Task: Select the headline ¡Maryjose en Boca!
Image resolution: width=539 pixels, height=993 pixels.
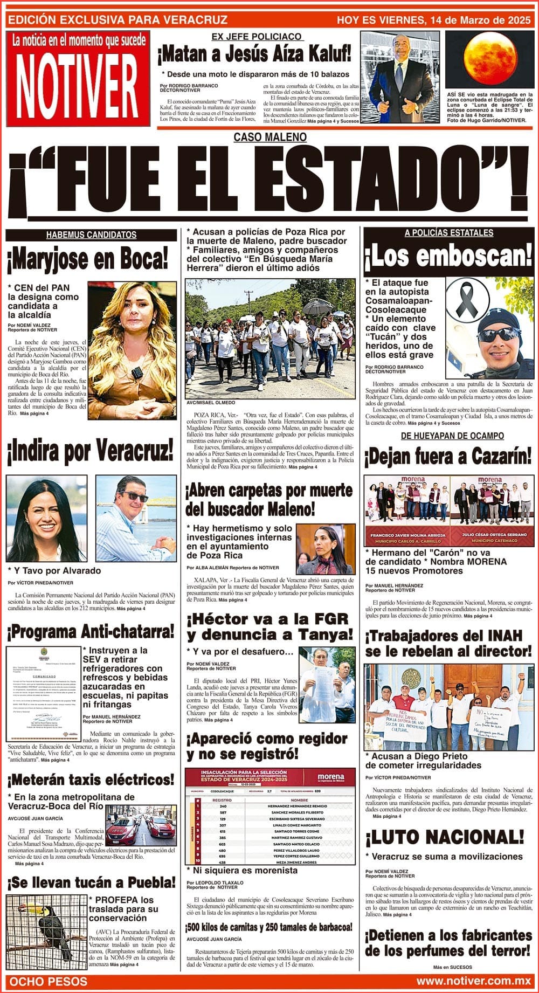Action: pos(87,260)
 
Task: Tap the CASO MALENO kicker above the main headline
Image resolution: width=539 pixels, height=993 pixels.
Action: pos(270,137)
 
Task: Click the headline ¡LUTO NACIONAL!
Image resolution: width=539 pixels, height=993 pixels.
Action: pos(444,837)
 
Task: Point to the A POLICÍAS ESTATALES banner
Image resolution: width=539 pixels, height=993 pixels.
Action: pos(448,233)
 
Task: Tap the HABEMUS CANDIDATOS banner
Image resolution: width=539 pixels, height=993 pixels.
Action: pos(91,235)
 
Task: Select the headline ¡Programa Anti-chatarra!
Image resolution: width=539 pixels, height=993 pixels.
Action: pos(91,631)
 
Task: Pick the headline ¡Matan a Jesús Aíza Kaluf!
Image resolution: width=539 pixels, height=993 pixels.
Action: pos(254,54)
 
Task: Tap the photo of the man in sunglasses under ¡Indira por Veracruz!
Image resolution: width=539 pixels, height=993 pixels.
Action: pos(135,518)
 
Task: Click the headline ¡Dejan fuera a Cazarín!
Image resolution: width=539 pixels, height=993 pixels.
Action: pos(448,457)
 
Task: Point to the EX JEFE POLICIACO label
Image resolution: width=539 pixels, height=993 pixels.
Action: pos(257,37)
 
